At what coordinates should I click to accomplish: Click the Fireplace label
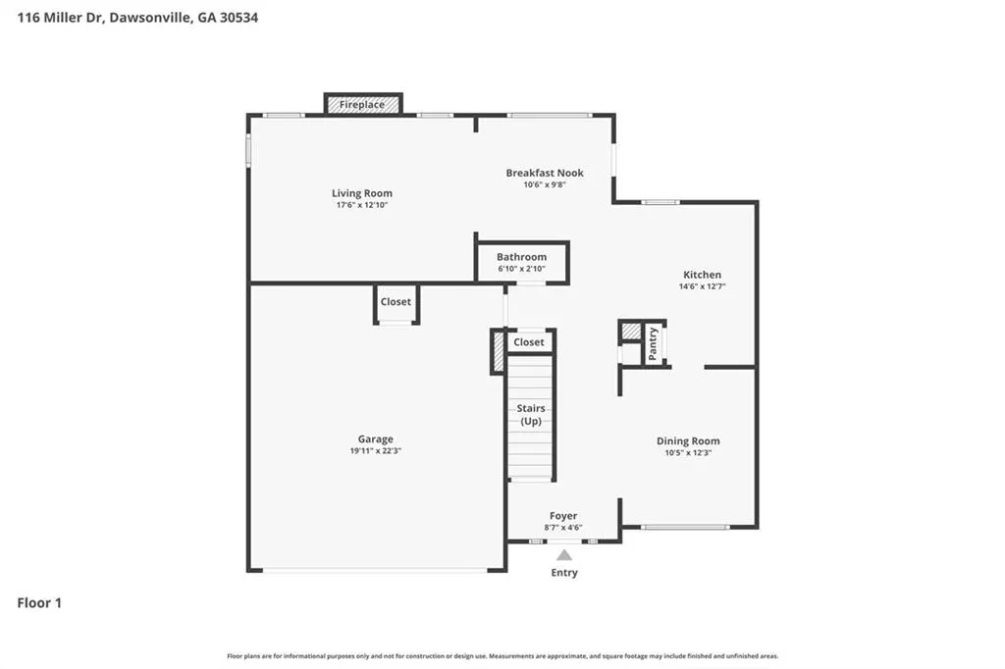coord(362,104)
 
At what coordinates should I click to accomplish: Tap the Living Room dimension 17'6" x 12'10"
coord(362,205)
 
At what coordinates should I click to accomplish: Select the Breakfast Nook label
coord(545,173)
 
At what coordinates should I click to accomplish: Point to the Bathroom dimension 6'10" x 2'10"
coord(522,269)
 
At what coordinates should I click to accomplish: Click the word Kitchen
coord(702,275)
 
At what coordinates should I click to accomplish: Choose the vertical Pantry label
coord(653,344)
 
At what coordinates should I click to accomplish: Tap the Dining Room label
coord(688,440)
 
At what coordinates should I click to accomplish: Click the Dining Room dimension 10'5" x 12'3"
coord(688,452)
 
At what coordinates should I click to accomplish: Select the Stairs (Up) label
coord(531,415)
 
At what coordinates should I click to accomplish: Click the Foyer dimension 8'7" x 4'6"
coord(563,528)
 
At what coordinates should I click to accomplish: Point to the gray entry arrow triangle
coord(564,555)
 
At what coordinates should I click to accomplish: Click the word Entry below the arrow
coord(564,573)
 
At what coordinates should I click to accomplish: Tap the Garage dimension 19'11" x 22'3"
coord(376,450)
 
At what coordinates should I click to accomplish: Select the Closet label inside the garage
coord(396,302)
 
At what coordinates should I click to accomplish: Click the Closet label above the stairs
coord(529,342)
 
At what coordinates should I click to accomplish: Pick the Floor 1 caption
coord(39,603)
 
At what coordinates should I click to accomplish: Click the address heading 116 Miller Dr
coord(60,18)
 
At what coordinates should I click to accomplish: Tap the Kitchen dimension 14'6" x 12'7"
coord(702,286)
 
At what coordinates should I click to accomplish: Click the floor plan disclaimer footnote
coord(502,656)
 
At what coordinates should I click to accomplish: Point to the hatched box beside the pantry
coord(631,332)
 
